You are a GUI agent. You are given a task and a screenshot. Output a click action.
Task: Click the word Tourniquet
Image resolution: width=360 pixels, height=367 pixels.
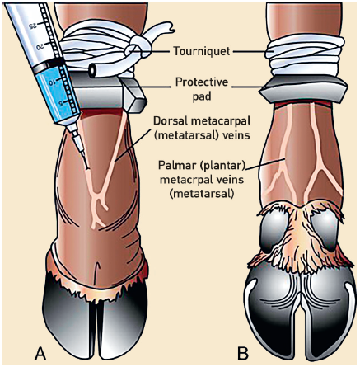coord(202,51)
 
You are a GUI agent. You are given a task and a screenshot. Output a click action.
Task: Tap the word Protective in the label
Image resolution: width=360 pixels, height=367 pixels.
coord(202,82)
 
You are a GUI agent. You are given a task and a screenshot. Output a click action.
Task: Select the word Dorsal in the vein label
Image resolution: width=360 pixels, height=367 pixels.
coord(170,120)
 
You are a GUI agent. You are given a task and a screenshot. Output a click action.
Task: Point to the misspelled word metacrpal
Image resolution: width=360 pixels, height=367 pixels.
coord(183,180)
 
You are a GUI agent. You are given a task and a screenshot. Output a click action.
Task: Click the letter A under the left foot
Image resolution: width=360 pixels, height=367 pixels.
coord(40,353)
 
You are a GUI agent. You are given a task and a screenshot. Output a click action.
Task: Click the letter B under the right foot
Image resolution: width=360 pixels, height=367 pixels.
coord(243,353)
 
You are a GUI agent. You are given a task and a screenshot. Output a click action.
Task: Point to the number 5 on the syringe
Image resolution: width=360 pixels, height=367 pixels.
coord(63,102)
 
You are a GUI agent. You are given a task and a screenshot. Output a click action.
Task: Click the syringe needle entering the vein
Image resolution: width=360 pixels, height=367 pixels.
coord(81,150)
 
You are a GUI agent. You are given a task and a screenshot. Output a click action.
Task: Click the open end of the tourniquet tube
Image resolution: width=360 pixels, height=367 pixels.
coord(92,71)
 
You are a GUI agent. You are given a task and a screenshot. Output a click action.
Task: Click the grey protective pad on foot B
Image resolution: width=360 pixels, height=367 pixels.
coord(303,89)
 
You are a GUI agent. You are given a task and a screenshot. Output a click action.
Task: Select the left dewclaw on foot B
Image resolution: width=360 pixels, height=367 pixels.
coord(273,231)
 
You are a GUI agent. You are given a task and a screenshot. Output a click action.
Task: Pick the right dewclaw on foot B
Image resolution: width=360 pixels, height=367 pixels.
coord(324,231)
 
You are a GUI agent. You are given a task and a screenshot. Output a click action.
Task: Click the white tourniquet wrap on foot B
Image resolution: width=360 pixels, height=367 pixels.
coord(304,56)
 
